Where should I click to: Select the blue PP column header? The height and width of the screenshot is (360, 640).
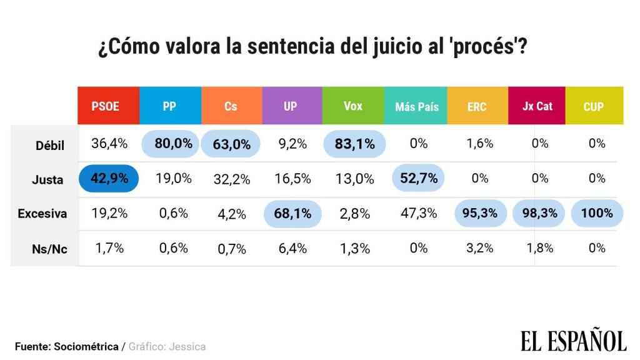[169, 106]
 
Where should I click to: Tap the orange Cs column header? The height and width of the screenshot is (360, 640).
[231, 106]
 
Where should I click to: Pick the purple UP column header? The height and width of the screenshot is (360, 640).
[291, 106]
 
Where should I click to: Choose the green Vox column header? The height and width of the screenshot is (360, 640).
[353, 106]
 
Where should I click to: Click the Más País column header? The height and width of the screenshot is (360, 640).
[417, 106]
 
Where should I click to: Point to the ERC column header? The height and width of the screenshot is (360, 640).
[477, 106]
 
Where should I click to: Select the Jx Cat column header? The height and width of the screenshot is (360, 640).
[537, 106]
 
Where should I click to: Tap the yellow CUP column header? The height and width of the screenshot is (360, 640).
[594, 106]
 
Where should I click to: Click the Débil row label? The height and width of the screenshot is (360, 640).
[49, 145]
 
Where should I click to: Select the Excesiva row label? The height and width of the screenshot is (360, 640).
[42, 214]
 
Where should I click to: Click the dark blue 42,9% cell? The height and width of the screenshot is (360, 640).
[109, 178]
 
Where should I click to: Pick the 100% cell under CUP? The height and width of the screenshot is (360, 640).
[596, 213]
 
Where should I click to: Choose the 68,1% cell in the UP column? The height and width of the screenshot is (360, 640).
[292, 214]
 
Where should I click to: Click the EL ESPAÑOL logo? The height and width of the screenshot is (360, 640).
[573, 341]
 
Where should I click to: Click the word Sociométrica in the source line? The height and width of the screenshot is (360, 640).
[86, 346]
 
